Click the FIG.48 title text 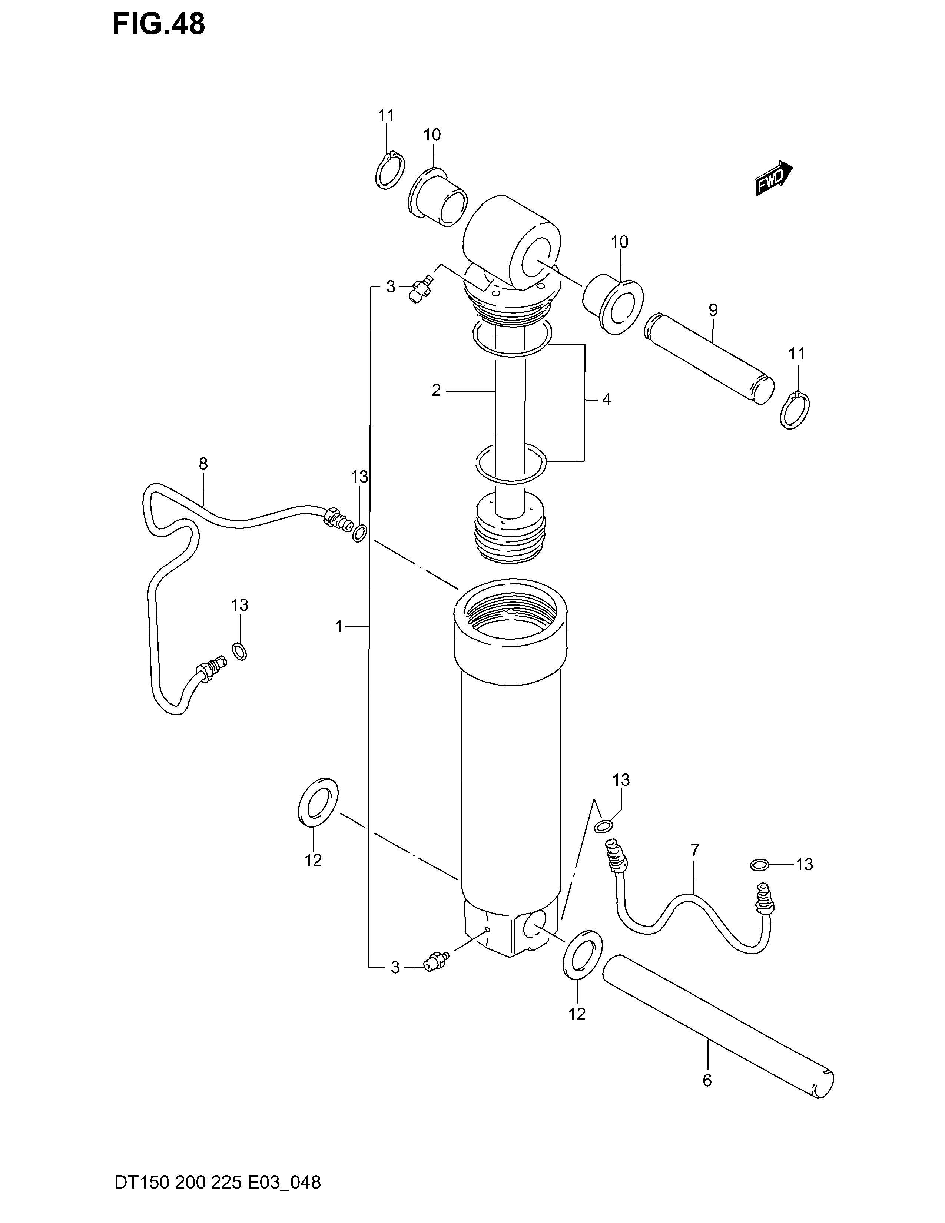(x=159, y=24)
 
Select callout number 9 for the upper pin (x=713, y=310)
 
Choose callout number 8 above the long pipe (x=203, y=464)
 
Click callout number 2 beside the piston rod (x=437, y=390)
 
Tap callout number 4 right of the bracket (x=606, y=400)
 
